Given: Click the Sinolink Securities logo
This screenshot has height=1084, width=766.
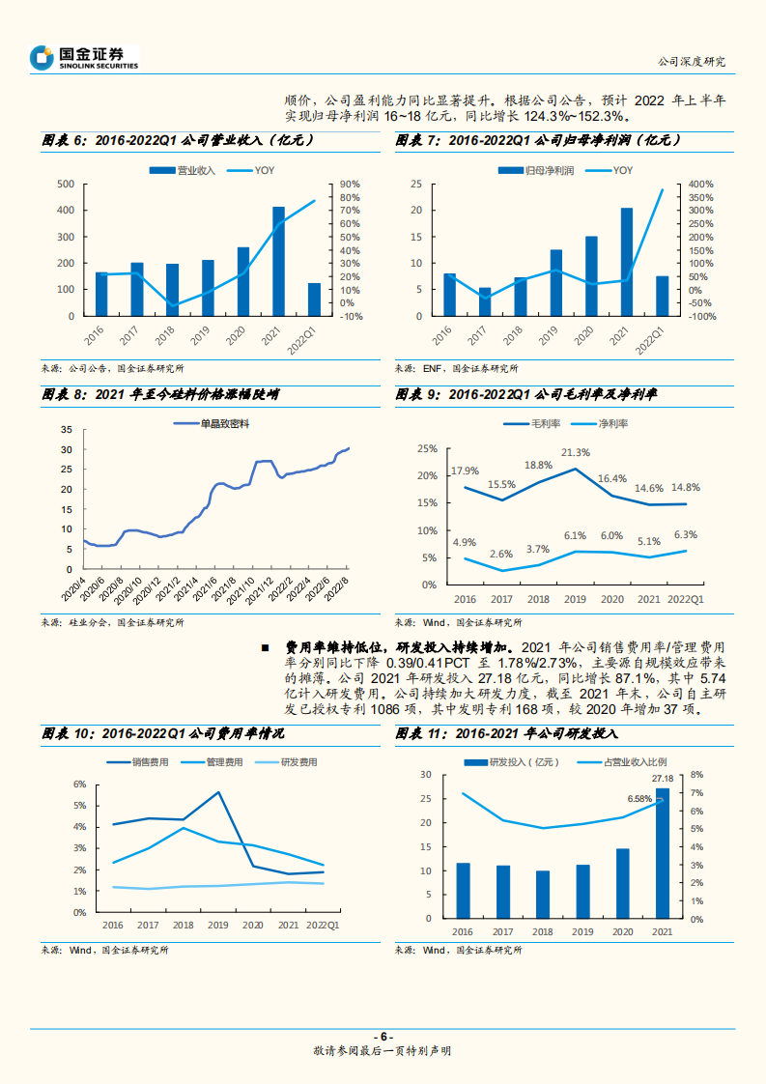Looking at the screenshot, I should coord(84,58).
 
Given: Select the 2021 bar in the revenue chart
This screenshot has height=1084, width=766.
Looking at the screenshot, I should coord(278,261).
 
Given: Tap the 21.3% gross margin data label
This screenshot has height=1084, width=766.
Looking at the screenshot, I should coord(576,452).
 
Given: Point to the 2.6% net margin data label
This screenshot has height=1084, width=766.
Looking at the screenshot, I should coord(501,554).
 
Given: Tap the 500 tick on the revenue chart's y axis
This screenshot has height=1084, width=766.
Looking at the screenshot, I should coord(66,184).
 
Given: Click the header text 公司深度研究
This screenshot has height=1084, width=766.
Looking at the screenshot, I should coord(690,61).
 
